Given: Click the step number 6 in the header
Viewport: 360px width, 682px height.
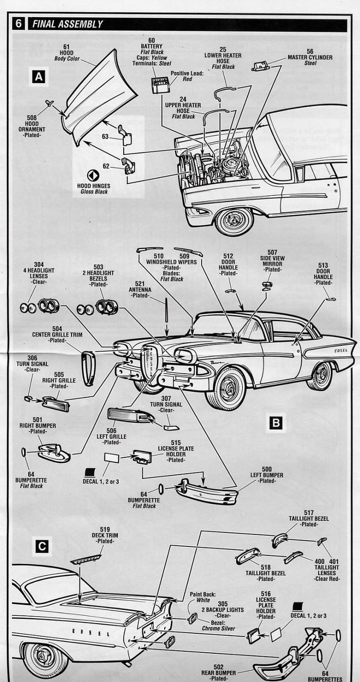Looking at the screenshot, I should point(19,24).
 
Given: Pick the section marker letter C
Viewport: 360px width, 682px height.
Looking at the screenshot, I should point(42,547).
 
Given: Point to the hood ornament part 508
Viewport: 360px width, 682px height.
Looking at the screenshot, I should point(49,103).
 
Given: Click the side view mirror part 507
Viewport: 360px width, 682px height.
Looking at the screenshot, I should point(267,285).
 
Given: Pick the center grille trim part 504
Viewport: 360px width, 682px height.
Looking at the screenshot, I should point(88,367).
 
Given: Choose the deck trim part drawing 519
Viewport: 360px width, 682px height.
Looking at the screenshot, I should point(87,559).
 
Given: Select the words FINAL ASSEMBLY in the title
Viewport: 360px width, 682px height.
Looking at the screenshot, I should point(68,24).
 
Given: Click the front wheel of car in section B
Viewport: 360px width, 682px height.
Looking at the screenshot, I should point(228,389).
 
